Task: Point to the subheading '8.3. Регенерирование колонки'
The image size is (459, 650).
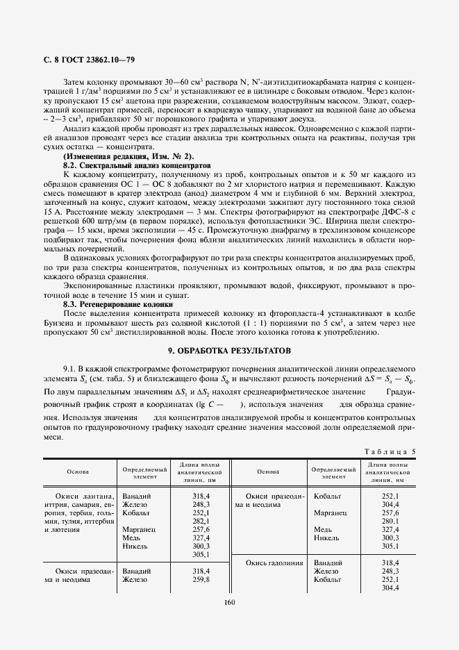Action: tap(118, 304)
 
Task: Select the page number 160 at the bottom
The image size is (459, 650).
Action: tap(230, 602)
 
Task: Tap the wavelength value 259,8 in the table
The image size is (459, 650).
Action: tap(201, 578)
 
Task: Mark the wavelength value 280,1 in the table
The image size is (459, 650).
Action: tap(391, 520)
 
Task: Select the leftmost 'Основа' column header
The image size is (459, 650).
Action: tap(78, 471)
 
